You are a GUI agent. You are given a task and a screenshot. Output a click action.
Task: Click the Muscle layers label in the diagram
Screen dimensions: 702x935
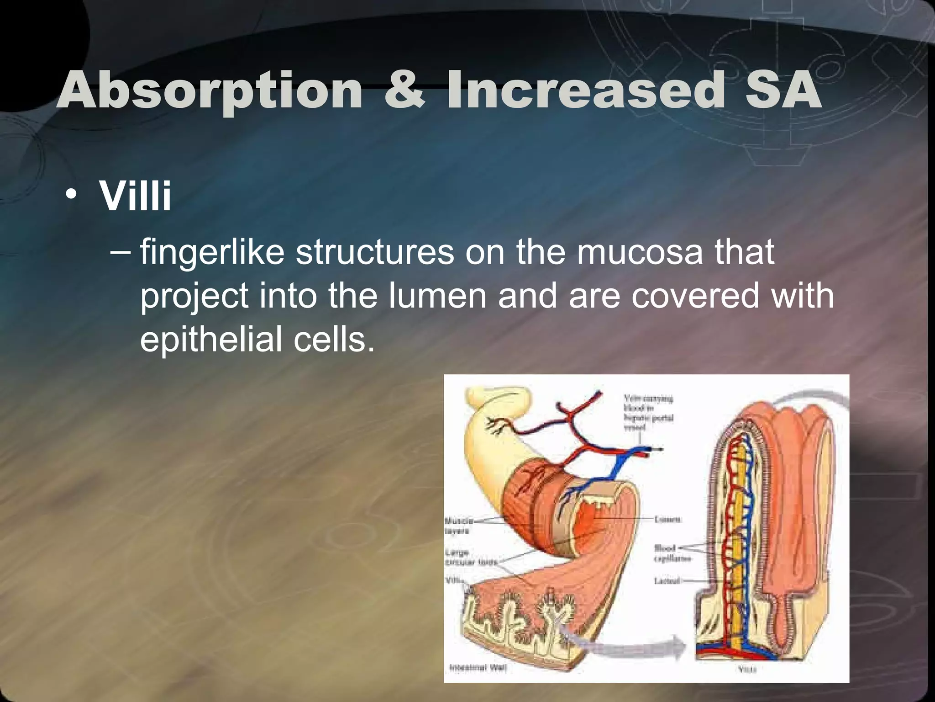pyautogui.click(x=458, y=526)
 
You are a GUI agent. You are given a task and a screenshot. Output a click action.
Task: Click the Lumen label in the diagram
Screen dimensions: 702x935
pyautogui.click(x=668, y=519)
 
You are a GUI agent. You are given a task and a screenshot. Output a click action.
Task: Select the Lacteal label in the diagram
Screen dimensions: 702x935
pyautogui.click(x=667, y=581)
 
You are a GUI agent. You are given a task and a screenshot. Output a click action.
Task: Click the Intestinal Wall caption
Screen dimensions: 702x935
pyautogui.click(x=478, y=668)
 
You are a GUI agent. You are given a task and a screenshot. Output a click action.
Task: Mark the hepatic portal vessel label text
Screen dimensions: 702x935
pyautogui.click(x=648, y=413)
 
